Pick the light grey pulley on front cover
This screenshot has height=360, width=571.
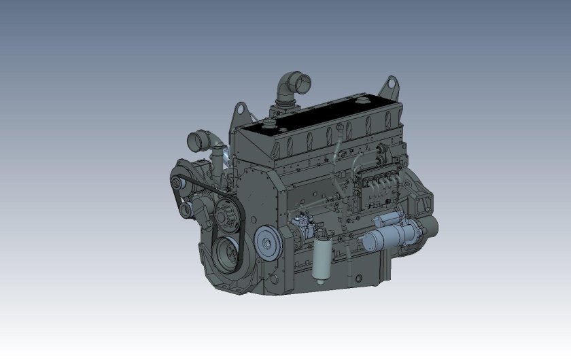click(268, 241)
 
